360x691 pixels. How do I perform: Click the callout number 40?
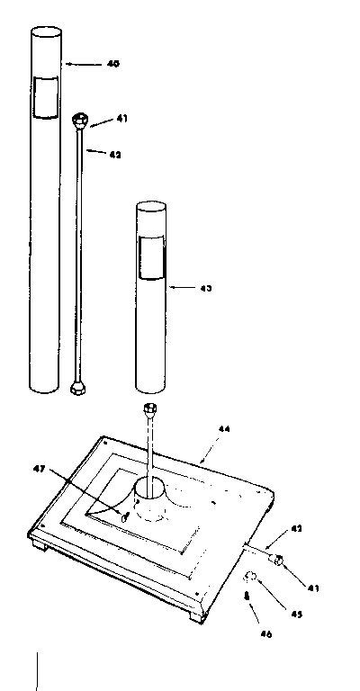point(112,64)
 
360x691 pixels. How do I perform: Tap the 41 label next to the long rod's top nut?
point(122,119)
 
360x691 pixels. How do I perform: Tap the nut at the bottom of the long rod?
point(78,389)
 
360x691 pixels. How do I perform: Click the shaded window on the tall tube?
point(44,98)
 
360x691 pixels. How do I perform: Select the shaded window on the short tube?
point(152,258)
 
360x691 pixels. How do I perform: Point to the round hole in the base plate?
point(150,491)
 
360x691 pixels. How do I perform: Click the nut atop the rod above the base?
point(150,413)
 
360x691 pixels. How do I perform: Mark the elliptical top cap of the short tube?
point(151,208)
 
